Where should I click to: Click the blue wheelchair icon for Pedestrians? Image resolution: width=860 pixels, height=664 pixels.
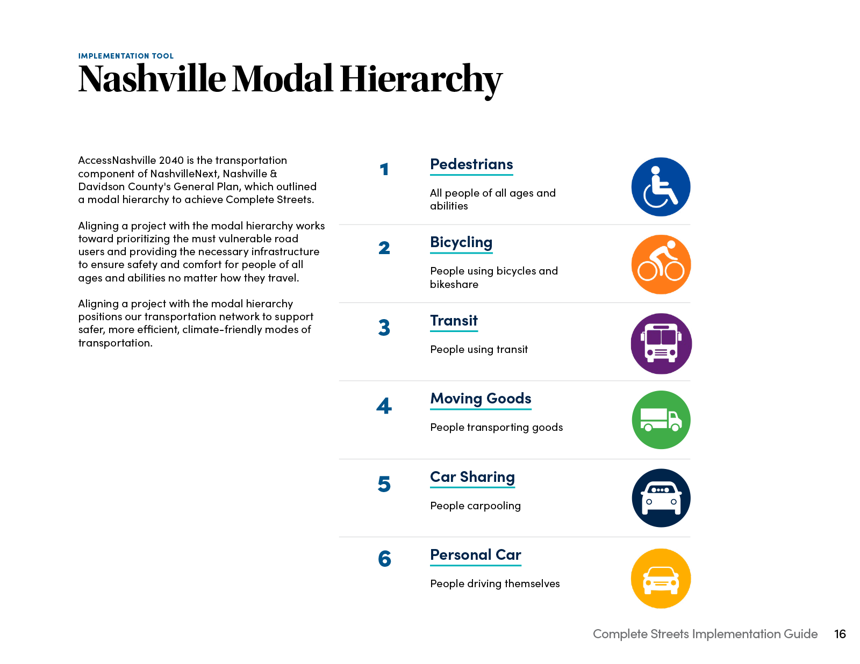tap(661, 187)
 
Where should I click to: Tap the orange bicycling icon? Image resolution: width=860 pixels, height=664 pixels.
tap(661, 264)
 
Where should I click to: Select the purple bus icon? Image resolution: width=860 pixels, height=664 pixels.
tap(661, 344)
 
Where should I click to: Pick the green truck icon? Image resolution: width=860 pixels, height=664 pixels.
tap(661, 420)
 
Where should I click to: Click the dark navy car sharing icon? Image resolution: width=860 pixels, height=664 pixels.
tap(661, 498)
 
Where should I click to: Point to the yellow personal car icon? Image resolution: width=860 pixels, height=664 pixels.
tap(661, 579)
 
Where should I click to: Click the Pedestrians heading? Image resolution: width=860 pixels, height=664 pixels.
tap(471, 164)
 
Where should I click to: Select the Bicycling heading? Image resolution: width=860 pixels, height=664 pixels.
tap(461, 242)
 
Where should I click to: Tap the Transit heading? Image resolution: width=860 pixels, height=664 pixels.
tap(454, 321)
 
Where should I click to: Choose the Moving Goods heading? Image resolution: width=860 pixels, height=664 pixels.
tap(481, 399)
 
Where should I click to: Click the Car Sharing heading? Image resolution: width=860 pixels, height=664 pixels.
tap(472, 477)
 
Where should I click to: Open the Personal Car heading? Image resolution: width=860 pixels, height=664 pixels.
tap(476, 555)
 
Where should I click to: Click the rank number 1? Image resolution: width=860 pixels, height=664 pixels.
tap(384, 170)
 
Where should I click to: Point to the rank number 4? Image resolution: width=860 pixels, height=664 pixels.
tap(384, 406)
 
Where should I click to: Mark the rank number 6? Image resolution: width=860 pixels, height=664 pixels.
tap(384, 559)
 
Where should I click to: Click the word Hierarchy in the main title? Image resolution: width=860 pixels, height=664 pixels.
tap(420, 79)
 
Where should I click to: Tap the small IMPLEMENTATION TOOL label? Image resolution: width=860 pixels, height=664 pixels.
tap(126, 56)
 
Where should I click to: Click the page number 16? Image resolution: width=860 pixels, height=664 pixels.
tap(840, 634)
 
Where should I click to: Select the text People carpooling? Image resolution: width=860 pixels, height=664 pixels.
tap(475, 506)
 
